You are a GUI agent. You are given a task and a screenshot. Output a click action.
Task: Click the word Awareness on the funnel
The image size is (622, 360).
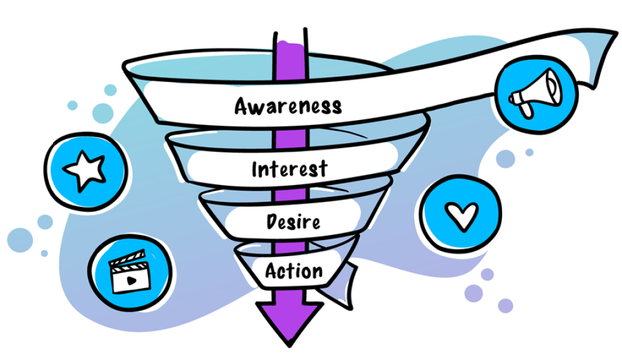288,106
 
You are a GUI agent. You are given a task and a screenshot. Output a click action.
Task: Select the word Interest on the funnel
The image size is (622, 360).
289,169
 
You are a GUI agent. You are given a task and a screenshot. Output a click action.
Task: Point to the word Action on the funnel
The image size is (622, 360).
294,271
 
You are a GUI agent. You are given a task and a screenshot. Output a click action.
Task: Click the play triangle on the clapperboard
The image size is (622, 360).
131,281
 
